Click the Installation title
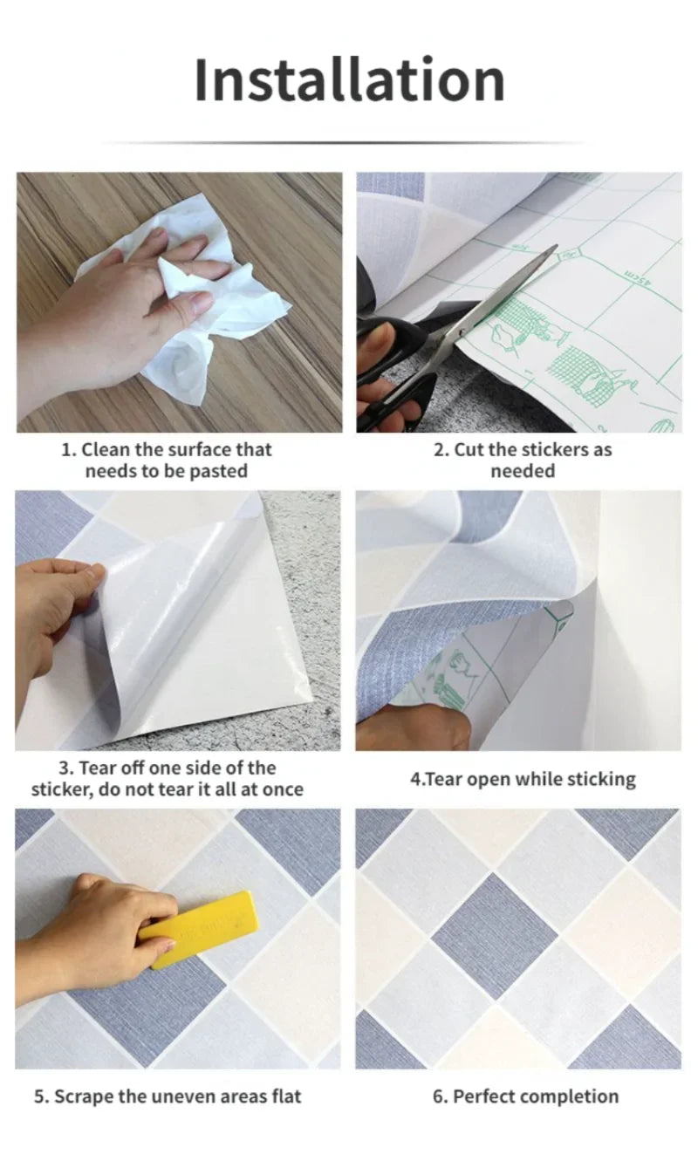349,80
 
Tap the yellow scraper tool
200,928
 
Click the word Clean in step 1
108,450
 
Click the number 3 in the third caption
64,768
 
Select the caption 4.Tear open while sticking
523,779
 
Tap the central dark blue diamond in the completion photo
496,934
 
